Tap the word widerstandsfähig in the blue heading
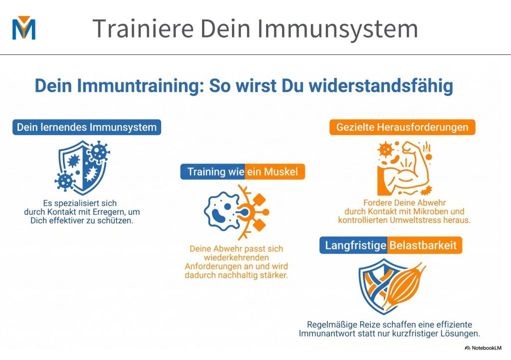click(381, 86)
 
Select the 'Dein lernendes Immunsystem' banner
click(87, 127)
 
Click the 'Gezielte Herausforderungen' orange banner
click(402, 127)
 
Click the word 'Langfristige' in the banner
click(355, 245)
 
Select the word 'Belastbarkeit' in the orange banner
click(423, 245)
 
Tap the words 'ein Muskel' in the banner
click(272, 172)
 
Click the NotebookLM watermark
click(483, 348)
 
